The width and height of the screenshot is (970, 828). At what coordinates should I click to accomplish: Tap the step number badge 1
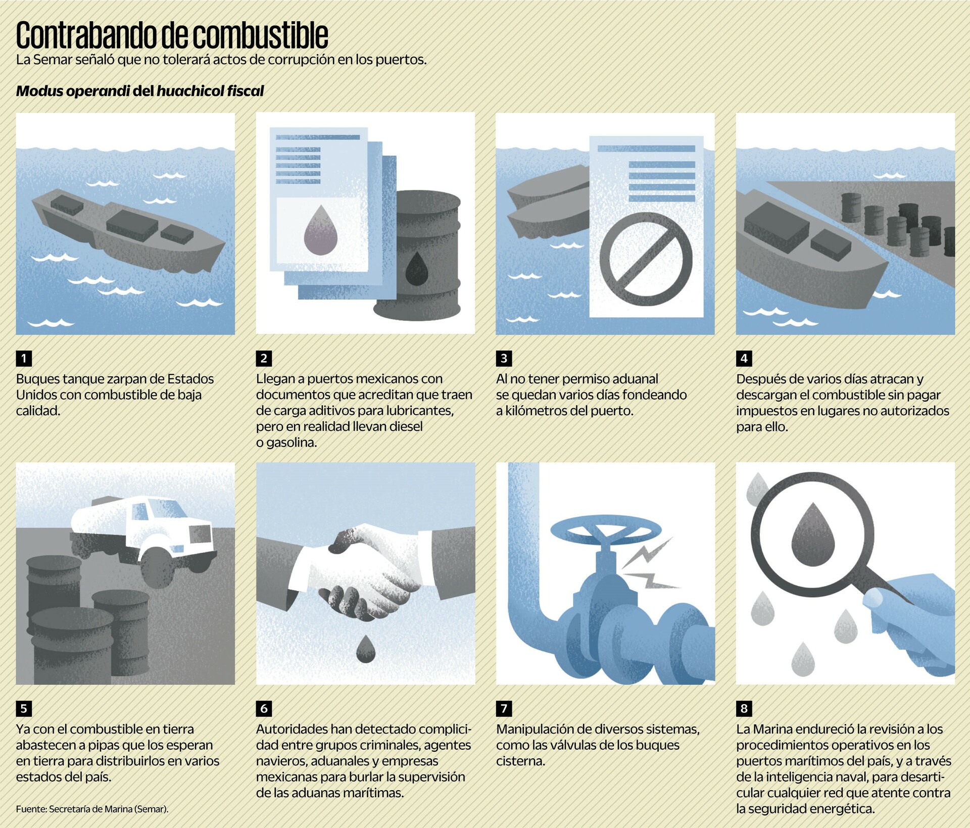tap(24, 358)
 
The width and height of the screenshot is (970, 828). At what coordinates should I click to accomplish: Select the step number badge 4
tap(744, 358)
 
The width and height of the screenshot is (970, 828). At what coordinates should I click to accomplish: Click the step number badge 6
tap(264, 708)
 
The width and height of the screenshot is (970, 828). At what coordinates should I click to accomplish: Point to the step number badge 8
tap(744, 708)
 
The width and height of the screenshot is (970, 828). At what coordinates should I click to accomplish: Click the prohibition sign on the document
tap(646, 259)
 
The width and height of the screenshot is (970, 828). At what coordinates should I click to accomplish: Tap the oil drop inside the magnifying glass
tap(812, 534)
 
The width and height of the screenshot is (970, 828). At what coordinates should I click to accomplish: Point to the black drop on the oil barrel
tap(417, 268)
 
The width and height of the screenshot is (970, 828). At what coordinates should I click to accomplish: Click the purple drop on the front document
tap(321, 230)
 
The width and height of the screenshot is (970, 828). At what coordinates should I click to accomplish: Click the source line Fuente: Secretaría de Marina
tap(92, 809)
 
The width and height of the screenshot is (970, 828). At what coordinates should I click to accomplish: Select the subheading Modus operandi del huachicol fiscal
tap(140, 91)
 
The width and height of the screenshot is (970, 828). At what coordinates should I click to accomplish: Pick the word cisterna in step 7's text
tap(520, 761)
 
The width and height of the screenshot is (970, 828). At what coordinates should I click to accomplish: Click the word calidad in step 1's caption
tap(38, 411)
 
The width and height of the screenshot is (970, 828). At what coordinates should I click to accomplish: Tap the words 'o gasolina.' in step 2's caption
tap(286, 443)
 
